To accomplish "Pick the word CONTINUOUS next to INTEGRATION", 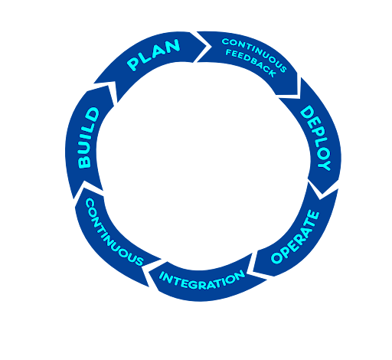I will (x=113, y=231).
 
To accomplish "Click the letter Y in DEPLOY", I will (x=324, y=164).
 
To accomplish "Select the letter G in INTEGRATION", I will (x=201, y=279).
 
